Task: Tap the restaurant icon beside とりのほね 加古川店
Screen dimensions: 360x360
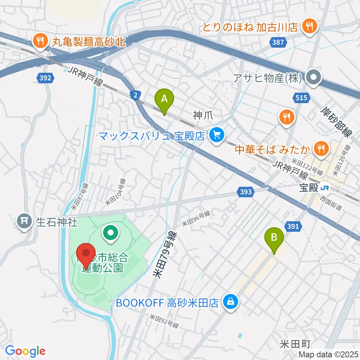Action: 310,26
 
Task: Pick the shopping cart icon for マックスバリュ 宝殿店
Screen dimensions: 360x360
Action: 216,134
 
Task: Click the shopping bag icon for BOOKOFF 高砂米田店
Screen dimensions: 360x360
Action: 231,301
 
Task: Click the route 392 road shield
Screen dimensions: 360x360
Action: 46,78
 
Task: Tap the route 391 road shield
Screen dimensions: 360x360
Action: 293,226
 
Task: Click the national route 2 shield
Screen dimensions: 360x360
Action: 134,95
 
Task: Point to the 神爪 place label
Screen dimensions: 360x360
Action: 203,116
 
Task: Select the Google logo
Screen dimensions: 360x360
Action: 25,350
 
